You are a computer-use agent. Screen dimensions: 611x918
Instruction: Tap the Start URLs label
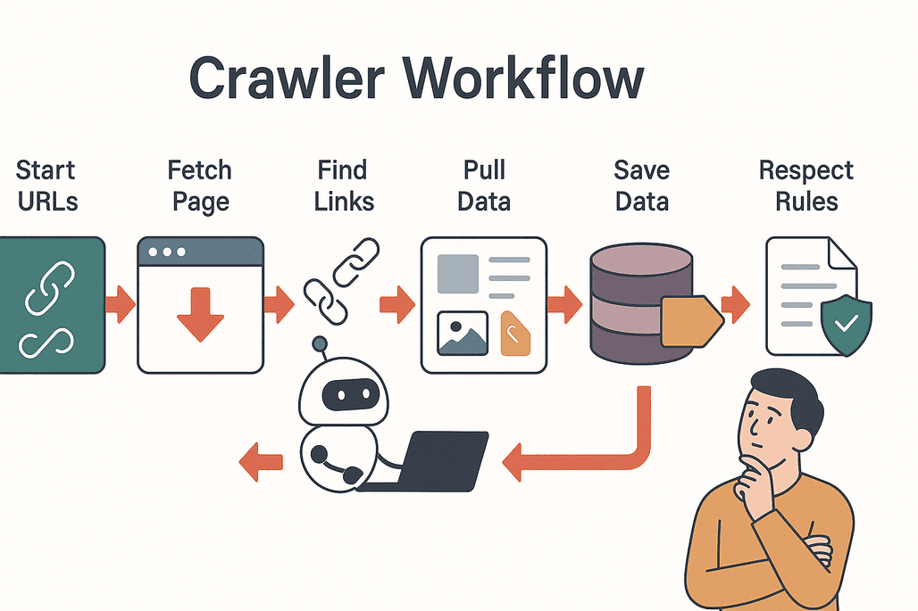pyautogui.click(x=46, y=186)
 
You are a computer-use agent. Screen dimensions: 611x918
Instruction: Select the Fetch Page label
pyautogui.click(x=199, y=186)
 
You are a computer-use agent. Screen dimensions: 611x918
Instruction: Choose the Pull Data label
pyautogui.click(x=484, y=186)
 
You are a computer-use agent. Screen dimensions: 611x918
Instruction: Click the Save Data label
pyautogui.click(x=641, y=186)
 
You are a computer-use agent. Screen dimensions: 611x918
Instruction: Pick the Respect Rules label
pyautogui.click(x=805, y=186)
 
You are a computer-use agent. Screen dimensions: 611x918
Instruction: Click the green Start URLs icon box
pyautogui.click(x=51, y=304)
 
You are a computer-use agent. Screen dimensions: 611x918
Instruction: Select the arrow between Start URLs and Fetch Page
pyautogui.click(x=121, y=305)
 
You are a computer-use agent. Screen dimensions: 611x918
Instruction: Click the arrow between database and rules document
pyautogui.click(x=735, y=305)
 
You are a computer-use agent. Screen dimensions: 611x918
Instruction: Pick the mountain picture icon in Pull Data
pyautogui.click(x=462, y=333)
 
